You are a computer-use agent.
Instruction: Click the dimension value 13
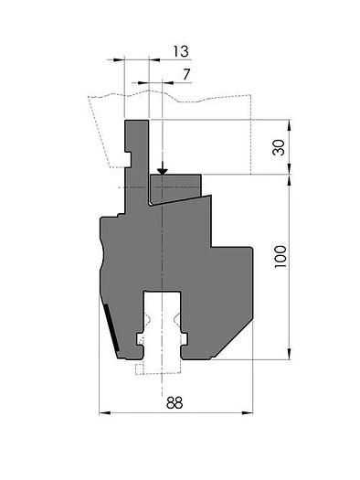coord(179,50)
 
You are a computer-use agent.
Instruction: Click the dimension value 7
coord(186,72)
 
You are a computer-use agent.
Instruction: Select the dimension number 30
coord(280,146)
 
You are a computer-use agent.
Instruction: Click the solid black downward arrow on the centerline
coord(162,170)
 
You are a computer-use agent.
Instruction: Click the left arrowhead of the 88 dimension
coord(103,413)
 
